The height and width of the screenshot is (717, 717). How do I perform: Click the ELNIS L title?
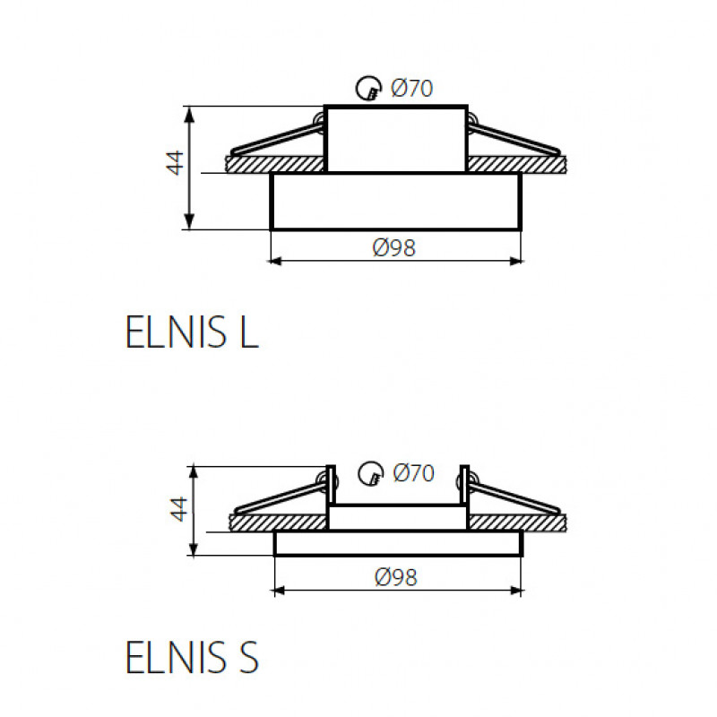click(192, 333)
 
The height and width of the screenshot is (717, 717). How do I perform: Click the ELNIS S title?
click(192, 657)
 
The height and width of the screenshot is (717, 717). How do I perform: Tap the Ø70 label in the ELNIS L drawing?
click(411, 88)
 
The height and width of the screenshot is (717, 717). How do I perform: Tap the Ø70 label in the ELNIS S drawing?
click(413, 473)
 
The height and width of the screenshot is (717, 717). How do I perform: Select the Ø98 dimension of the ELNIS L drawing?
click(394, 248)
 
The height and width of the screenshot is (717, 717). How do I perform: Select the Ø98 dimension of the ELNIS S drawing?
click(396, 577)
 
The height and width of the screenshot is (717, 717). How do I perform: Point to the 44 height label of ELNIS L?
click(175, 163)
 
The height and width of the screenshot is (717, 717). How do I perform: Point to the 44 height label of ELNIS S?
click(179, 509)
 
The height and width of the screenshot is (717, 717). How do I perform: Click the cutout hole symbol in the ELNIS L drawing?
click(368, 88)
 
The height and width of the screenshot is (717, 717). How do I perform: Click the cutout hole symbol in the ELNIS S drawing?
click(370, 473)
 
